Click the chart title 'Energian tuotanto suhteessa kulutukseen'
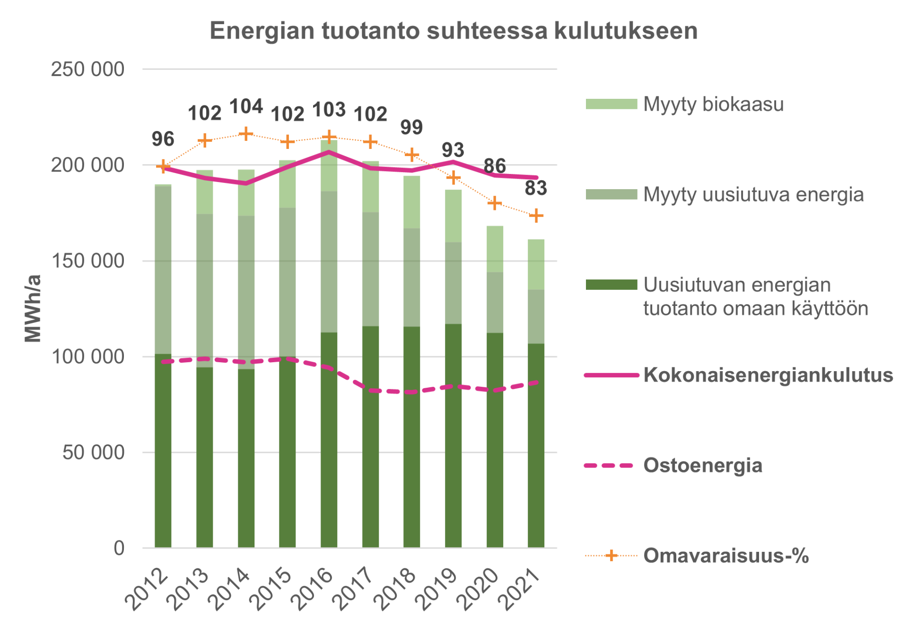pos(453,31)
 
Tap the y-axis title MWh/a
pos(33,308)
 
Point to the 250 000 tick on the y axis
pos(87,70)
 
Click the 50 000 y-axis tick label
pos(93,452)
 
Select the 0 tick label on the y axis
pos(119,548)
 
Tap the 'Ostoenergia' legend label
pos(702,465)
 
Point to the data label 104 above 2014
pos(246,107)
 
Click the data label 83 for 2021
pos(536,188)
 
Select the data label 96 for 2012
pos(163,139)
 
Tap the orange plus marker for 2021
pos(536,216)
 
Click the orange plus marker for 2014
pos(246,134)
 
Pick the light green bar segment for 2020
pos(495,249)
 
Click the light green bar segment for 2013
pos(205,192)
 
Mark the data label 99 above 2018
pos(411,127)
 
